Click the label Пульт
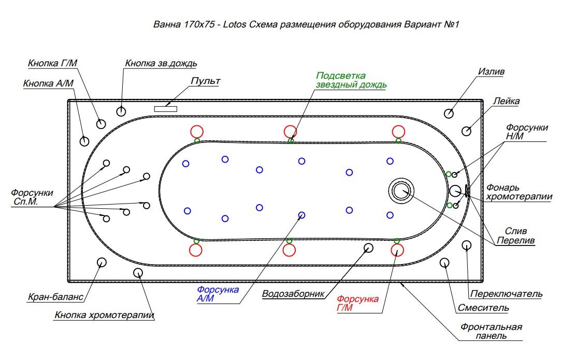(x=205, y=81)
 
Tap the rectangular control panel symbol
(x=166, y=108)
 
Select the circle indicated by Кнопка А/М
(x=84, y=140)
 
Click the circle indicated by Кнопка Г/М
(x=100, y=123)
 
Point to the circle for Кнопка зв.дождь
(x=121, y=111)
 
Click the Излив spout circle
(x=449, y=113)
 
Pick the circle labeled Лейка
(x=466, y=131)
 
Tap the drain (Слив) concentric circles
(x=400, y=190)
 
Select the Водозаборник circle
(x=368, y=248)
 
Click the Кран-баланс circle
(x=101, y=262)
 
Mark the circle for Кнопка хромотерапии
(x=138, y=272)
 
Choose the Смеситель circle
(x=444, y=263)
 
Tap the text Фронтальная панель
(x=491, y=332)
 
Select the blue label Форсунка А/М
(x=218, y=294)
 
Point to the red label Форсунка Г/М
(x=357, y=304)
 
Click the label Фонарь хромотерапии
(x=519, y=192)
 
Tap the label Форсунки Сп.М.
(x=32, y=197)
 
